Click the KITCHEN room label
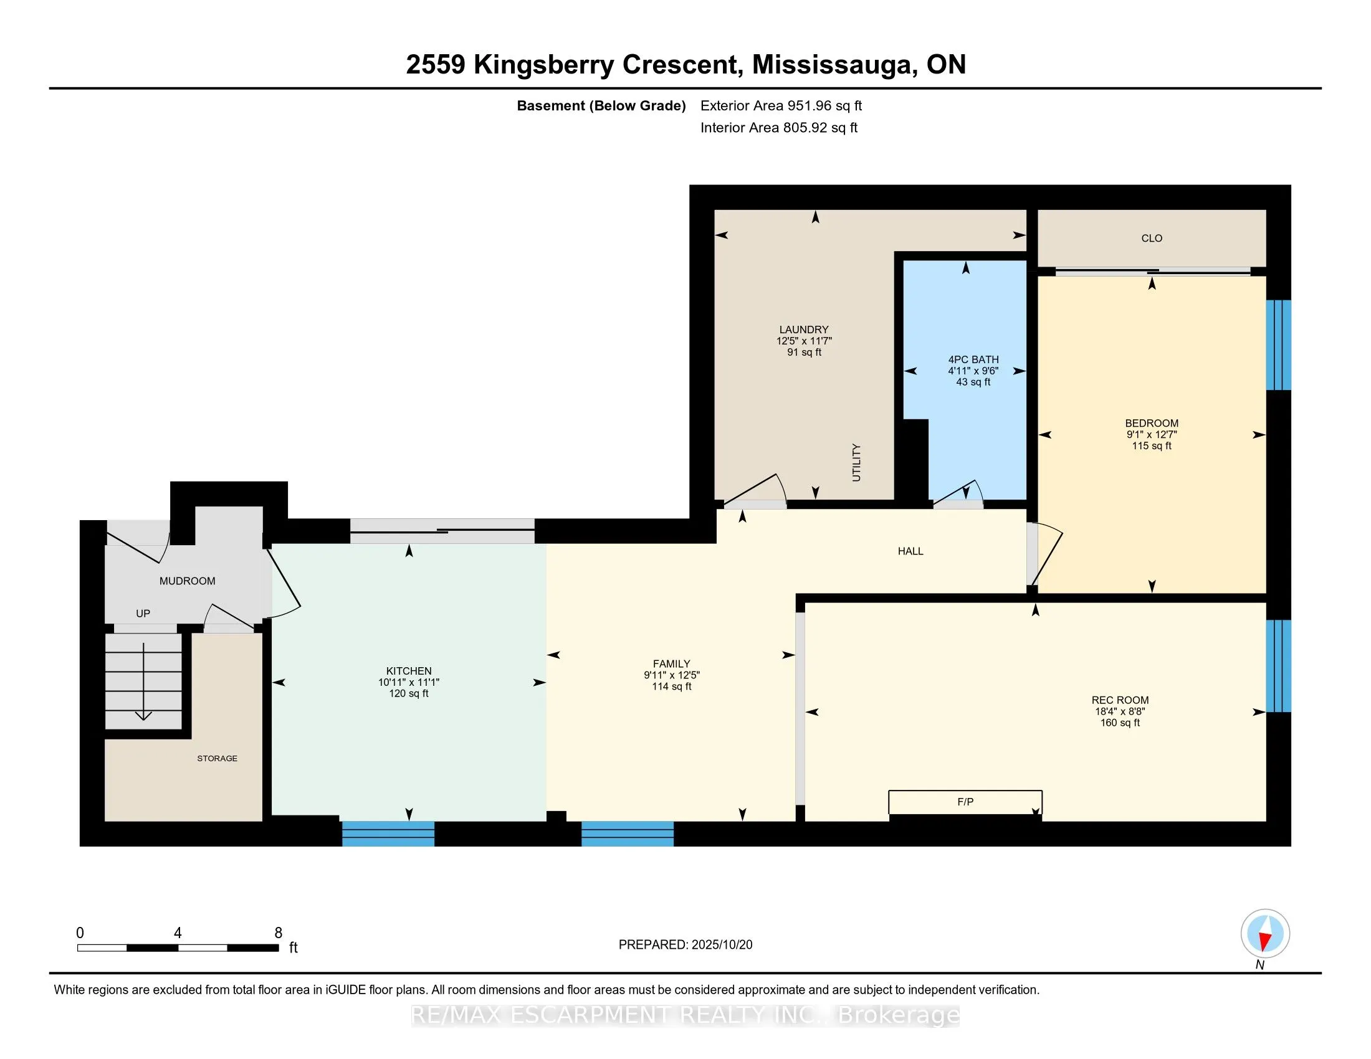pos(409,671)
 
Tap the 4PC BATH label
pos(973,359)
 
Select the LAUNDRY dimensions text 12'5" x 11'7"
pos(803,341)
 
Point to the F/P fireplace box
pos(965,802)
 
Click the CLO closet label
pos(1151,239)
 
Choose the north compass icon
pos(1265,934)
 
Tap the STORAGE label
pos(217,759)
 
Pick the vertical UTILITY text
pos(856,462)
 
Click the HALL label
pos(910,551)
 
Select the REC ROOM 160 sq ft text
pos(1120,723)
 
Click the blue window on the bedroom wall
pos(1278,345)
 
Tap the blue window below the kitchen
pos(388,833)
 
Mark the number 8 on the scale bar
pos(278,933)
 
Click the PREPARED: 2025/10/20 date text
pos(685,945)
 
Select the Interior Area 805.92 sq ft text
pos(778,128)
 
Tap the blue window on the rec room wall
pos(1278,666)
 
